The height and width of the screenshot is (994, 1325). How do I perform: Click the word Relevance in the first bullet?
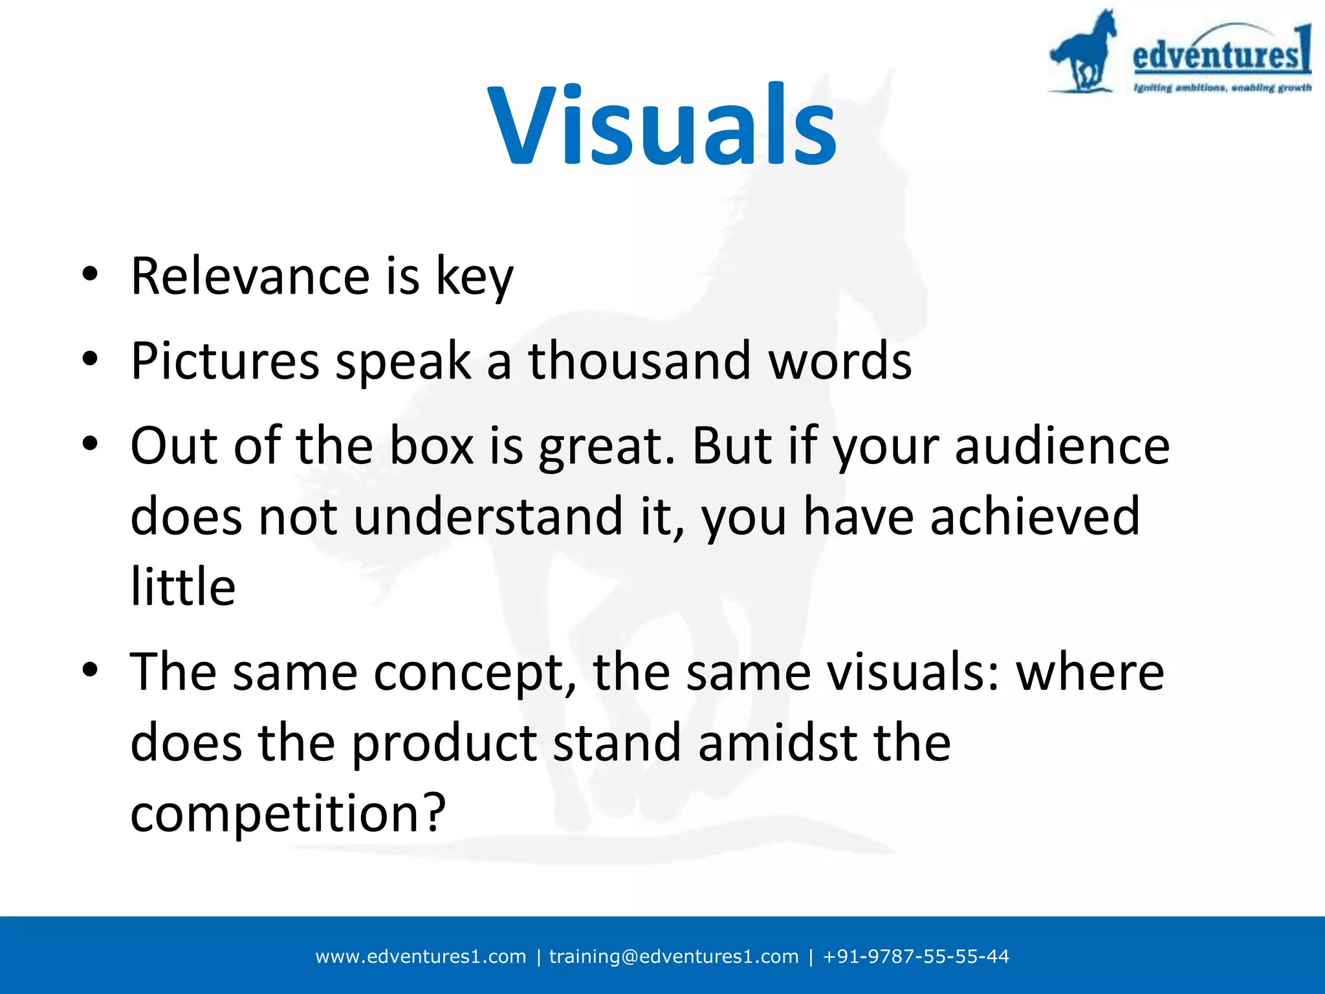250,276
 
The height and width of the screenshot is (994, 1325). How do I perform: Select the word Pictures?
224,360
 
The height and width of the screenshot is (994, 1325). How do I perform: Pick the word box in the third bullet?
432,446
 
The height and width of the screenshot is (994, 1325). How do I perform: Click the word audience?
1062,446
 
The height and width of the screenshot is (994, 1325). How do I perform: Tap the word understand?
488,516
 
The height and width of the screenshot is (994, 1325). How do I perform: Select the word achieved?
1035,516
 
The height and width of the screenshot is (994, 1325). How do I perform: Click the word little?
183,586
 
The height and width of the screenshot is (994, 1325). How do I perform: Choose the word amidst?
778,743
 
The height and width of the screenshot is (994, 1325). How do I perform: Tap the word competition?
288,813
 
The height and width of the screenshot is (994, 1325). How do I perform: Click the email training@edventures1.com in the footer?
673,956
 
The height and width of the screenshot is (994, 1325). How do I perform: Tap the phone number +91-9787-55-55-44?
915,956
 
